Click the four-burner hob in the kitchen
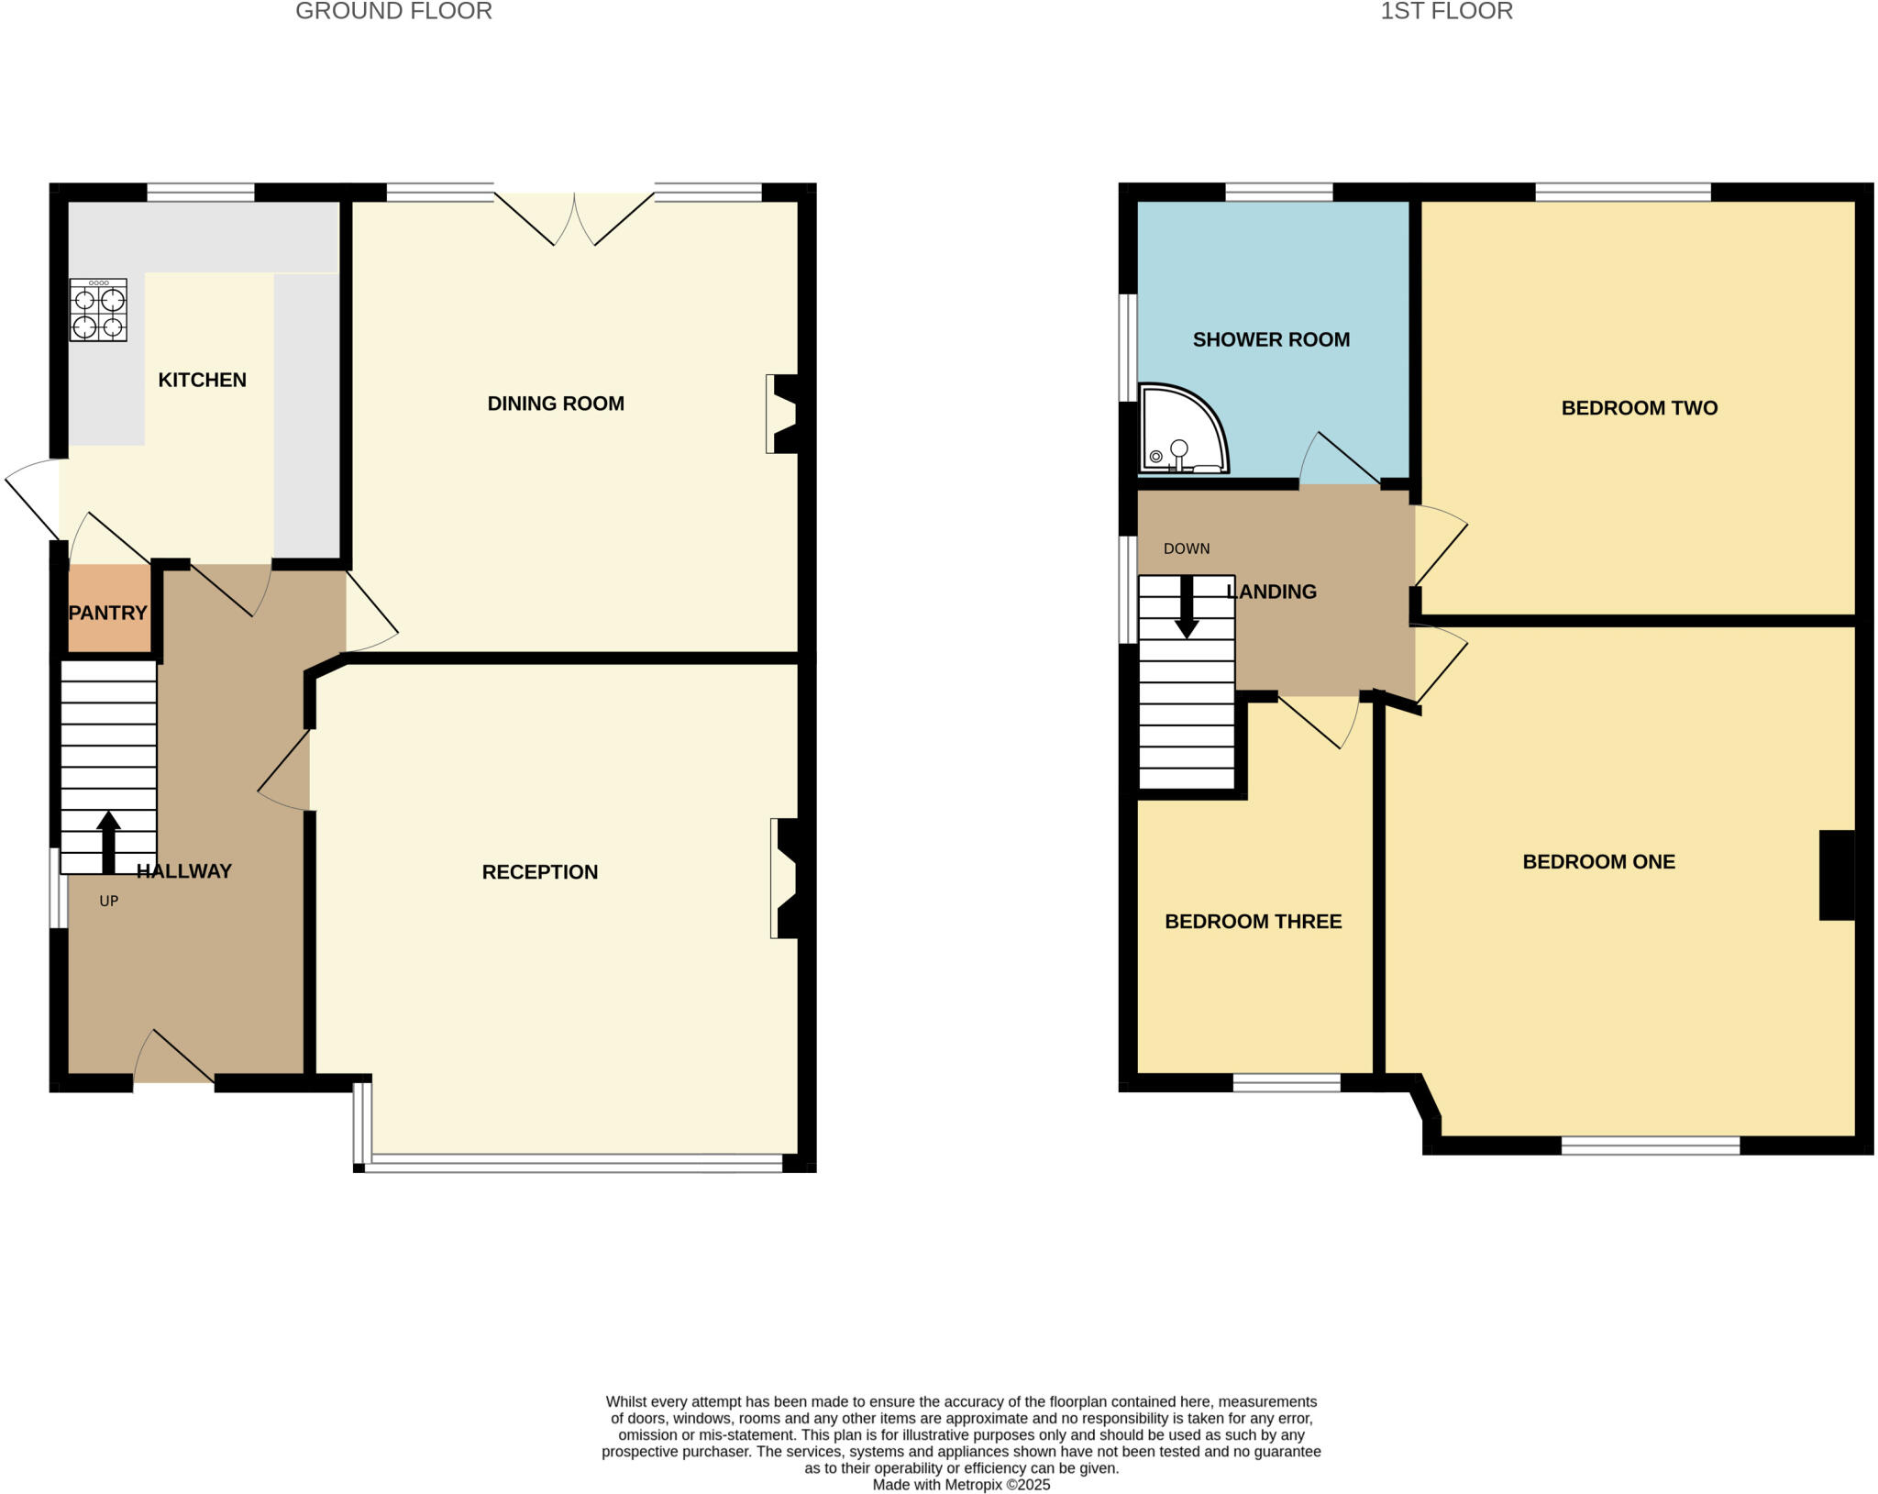tap(98, 310)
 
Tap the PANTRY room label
tap(108, 613)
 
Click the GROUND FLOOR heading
tap(393, 11)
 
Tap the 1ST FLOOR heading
tap(1446, 11)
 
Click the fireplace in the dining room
tap(782, 414)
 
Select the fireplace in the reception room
tap(785, 878)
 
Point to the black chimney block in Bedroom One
tap(1837, 874)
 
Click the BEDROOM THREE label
tap(1253, 921)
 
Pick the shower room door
tap(1342, 459)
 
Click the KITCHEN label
tap(202, 380)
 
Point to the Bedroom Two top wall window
tap(1622, 192)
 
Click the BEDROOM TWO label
tap(1639, 408)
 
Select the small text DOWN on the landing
tap(1187, 548)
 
